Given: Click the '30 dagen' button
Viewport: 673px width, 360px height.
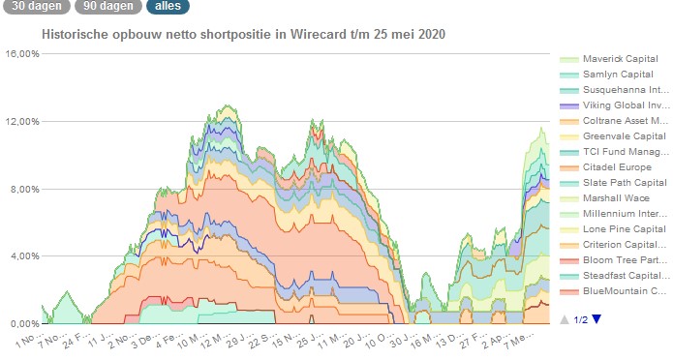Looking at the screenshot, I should [x=33, y=7].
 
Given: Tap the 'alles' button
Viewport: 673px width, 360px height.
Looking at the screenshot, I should [x=168, y=7].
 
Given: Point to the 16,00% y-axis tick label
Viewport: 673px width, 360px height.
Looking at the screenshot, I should [x=21, y=54].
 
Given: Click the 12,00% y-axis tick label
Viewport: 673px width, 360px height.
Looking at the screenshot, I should [x=21, y=122].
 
